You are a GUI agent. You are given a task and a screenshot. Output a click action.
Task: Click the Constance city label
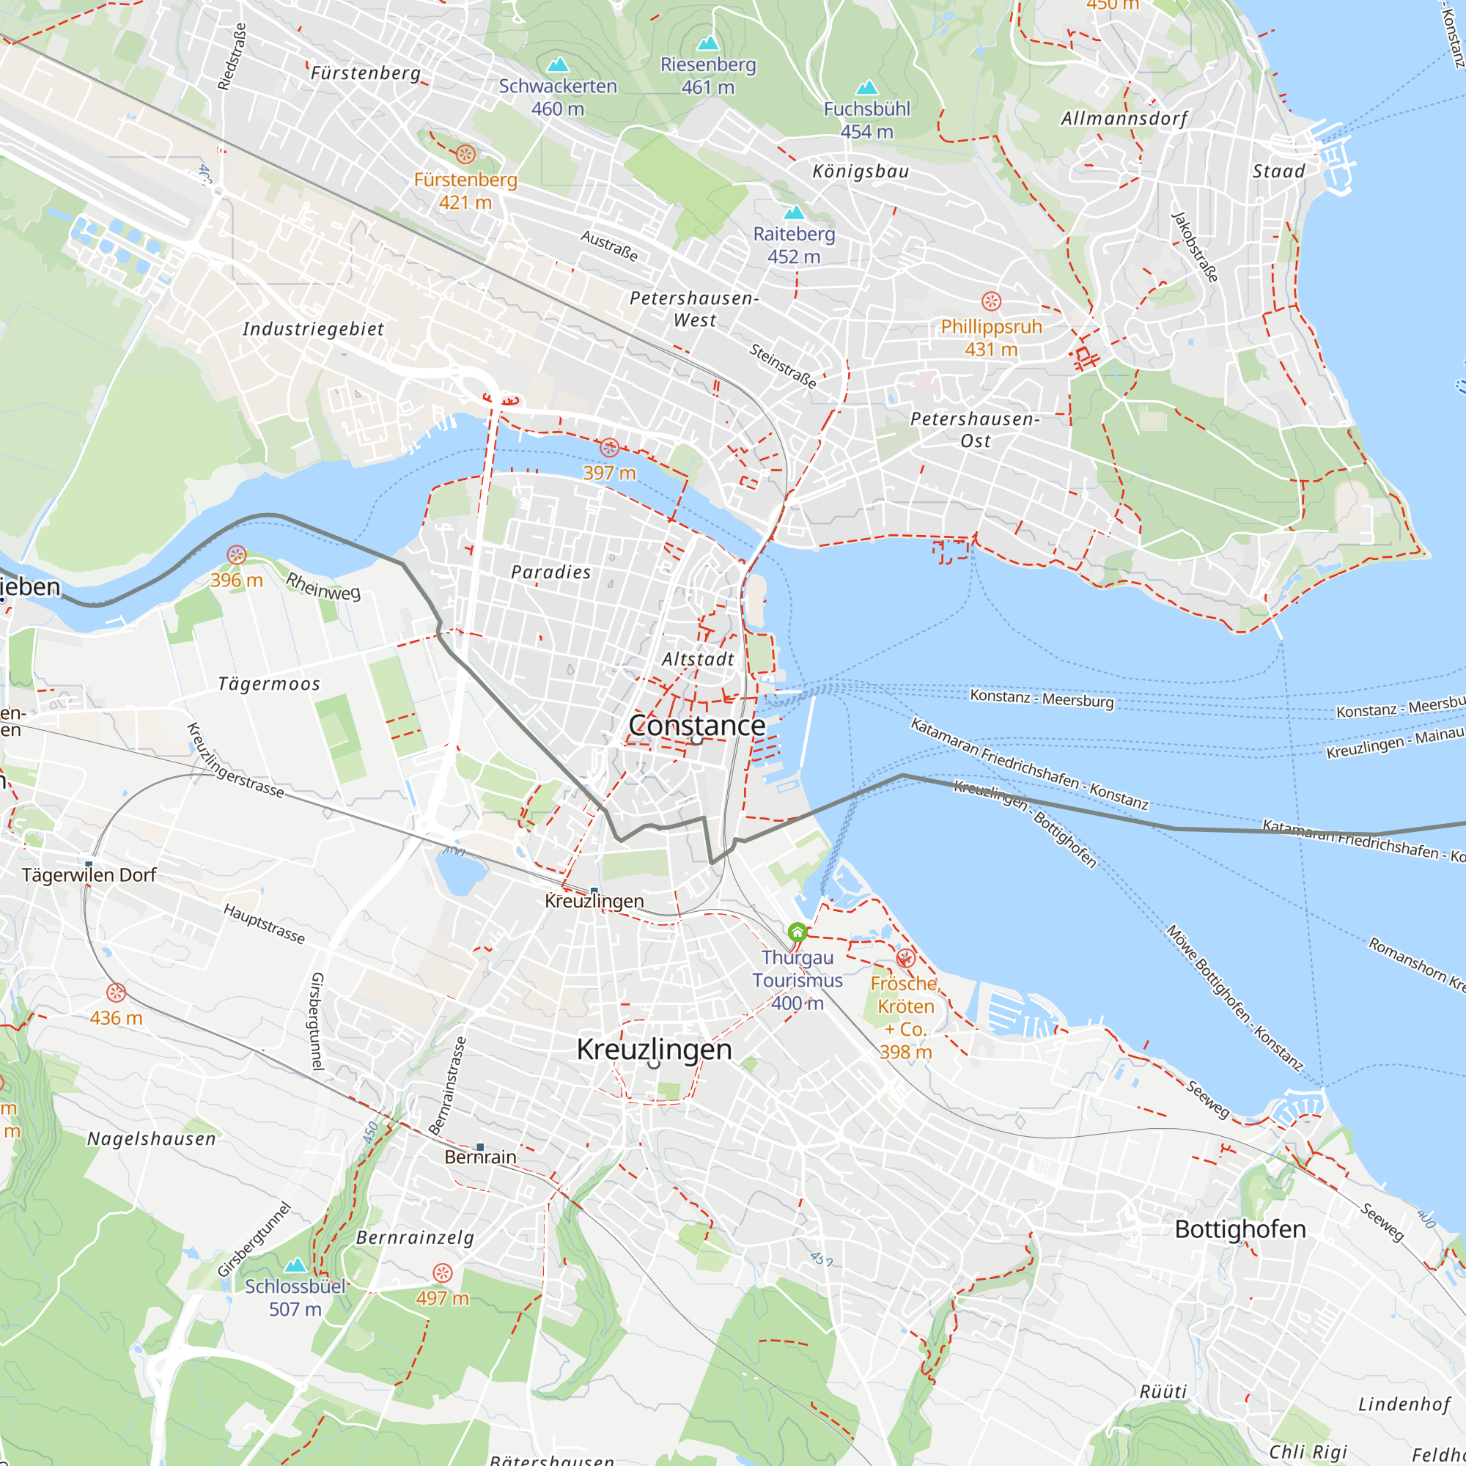pos(696,726)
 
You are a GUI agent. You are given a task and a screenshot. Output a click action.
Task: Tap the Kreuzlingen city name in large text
pos(654,1050)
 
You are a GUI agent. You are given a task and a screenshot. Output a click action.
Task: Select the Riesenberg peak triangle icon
pos(708,43)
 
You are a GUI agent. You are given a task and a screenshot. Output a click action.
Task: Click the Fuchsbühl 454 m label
pos(866,120)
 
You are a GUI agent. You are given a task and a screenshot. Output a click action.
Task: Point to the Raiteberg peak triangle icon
pos(794,212)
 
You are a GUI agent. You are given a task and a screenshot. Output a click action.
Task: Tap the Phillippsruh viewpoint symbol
pos(991,301)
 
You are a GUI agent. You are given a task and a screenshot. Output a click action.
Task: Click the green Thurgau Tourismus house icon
pos(797,931)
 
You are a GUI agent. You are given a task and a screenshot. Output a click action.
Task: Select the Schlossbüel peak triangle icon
pos(295,1265)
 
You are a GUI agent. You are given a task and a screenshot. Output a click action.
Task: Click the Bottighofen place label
pos(1240,1229)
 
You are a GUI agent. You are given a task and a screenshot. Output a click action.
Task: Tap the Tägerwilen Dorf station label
pos(89,875)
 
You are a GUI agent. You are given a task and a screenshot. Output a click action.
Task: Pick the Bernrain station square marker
pos(479,1147)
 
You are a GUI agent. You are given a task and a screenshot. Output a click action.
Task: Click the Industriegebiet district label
pos(314,329)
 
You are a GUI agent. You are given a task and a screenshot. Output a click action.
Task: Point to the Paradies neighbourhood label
pos(551,572)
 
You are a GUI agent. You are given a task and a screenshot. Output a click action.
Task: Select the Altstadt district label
pos(698,659)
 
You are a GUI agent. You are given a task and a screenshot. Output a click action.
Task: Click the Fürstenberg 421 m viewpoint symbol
pos(465,154)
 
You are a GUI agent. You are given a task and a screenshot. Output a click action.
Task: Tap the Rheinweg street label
pos(323,586)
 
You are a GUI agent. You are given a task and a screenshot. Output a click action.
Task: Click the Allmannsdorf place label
pos(1124,118)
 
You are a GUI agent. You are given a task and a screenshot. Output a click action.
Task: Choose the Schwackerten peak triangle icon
pos(558,65)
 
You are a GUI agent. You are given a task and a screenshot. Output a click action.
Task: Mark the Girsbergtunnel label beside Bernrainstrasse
pos(317,1021)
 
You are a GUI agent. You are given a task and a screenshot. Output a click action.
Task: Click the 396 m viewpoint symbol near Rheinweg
pos(237,555)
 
